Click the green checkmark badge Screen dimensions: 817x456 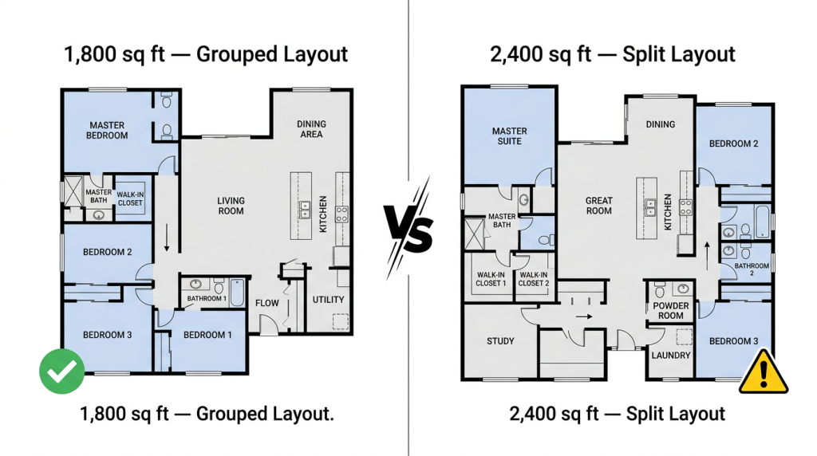tap(62, 371)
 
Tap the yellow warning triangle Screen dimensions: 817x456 tap(764, 371)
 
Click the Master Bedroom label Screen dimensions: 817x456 tap(107, 130)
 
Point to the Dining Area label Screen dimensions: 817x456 tap(312, 129)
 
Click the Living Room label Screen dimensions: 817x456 tap(231, 206)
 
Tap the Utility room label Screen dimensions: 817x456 tap(328, 299)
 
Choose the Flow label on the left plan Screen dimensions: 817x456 tap(266, 303)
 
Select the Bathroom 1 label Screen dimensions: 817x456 tap(207, 298)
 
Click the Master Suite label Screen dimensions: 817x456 tap(510, 136)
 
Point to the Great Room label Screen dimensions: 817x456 tap(598, 206)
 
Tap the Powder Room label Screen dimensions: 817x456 tap(670, 311)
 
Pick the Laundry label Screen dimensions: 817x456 tap(670, 356)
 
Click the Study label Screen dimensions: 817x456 tap(500, 341)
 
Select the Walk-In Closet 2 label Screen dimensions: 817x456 tap(534, 279)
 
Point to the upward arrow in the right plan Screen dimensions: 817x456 tap(707, 256)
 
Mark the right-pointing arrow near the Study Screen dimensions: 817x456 tap(583, 316)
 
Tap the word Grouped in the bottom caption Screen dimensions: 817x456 tap(231, 415)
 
